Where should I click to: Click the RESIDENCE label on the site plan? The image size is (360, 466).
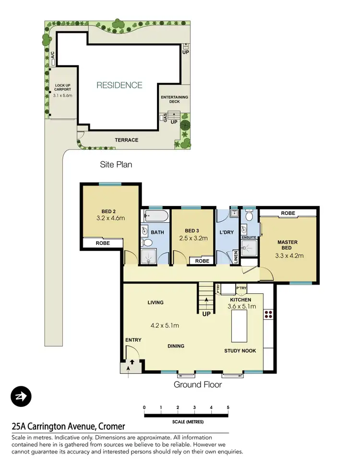point(120,85)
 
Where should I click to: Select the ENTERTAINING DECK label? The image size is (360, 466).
point(174,99)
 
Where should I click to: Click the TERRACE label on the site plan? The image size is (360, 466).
point(126,140)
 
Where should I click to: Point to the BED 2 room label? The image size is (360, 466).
point(108,212)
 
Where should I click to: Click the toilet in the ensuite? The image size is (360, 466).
point(248,216)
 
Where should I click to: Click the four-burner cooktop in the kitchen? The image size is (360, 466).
point(268,315)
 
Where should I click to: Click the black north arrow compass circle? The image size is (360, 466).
point(21,397)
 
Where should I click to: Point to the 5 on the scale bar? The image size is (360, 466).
point(228,407)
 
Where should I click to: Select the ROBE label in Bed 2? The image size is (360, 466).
point(102,243)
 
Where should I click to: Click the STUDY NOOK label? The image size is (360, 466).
point(240,351)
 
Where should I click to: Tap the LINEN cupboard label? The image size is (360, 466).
point(236,258)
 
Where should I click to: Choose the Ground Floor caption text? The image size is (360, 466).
point(198,384)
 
